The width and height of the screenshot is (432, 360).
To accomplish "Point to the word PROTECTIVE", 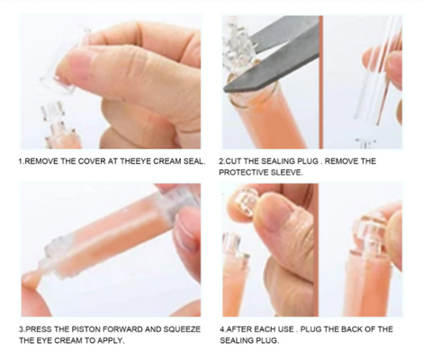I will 244,173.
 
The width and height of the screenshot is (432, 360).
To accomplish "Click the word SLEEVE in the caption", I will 290,173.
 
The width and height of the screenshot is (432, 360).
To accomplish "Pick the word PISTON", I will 92,329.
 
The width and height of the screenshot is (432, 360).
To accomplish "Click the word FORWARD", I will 136,329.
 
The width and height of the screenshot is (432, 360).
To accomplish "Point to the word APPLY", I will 107,341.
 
